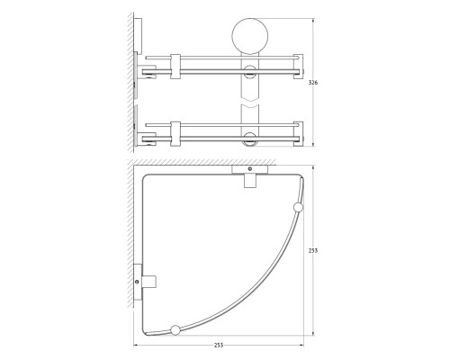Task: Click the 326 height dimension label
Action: (x=313, y=83)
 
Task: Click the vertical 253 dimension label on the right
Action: (x=313, y=250)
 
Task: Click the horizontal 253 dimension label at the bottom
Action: (x=219, y=346)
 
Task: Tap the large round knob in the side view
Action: (x=250, y=36)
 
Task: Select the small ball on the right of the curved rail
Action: (x=298, y=208)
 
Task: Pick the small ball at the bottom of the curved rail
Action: (x=175, y=330)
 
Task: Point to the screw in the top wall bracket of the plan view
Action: (x=249, y=169)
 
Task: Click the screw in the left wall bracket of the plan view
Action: (x=137, y=282)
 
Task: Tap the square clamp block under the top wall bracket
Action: (x=250, y=181)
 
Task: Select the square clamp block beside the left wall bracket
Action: (x=149, y=282)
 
